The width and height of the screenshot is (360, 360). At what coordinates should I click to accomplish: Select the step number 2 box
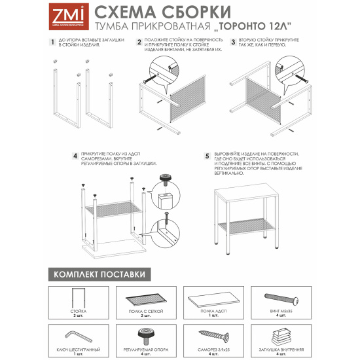[139, 42]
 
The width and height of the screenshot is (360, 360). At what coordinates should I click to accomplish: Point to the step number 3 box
[233, 42]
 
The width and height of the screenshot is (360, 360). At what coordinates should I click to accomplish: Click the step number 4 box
[75, 156]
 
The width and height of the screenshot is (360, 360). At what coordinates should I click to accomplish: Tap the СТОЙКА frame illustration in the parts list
[77, 298]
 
